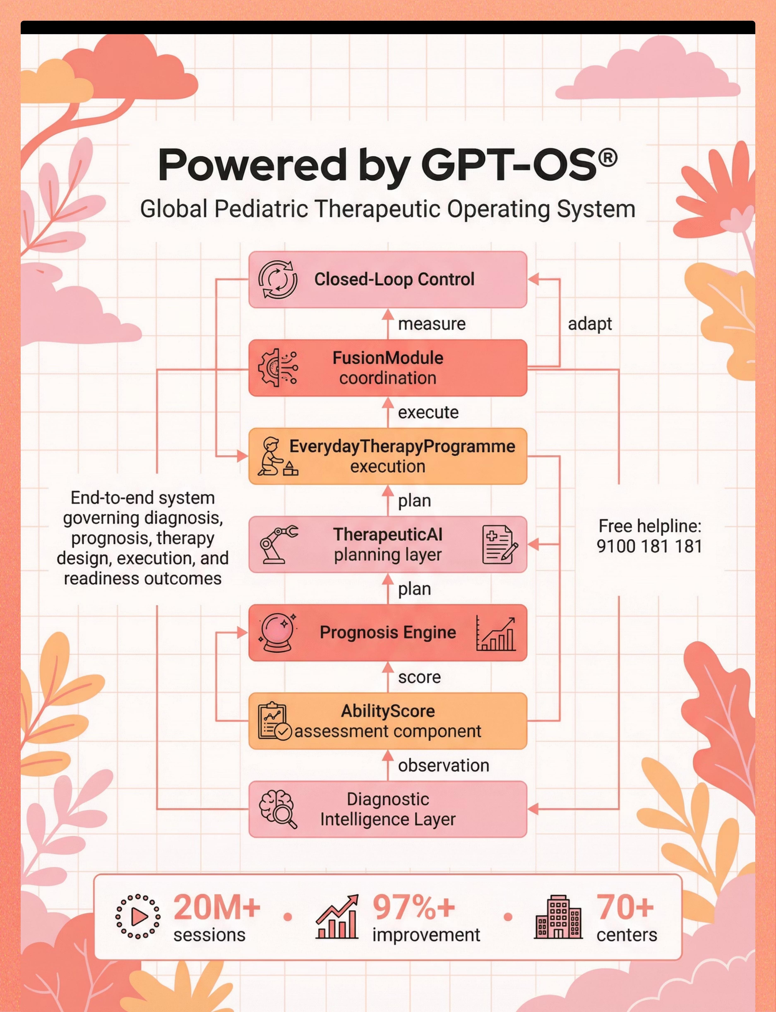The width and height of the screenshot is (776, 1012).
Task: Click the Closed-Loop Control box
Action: (x=388, y=280)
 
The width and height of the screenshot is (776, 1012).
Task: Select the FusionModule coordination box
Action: (x=388, y=368)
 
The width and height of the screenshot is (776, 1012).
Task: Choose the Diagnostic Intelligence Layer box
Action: (x=388, y=809)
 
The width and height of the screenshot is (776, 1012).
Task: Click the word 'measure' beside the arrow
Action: (x=431, y=324)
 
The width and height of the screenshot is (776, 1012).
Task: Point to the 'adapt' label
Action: (x=590, y=324)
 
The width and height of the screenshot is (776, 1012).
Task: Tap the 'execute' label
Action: (x=428, y=412)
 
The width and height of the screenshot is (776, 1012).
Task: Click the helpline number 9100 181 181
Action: (x=649, y=546)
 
